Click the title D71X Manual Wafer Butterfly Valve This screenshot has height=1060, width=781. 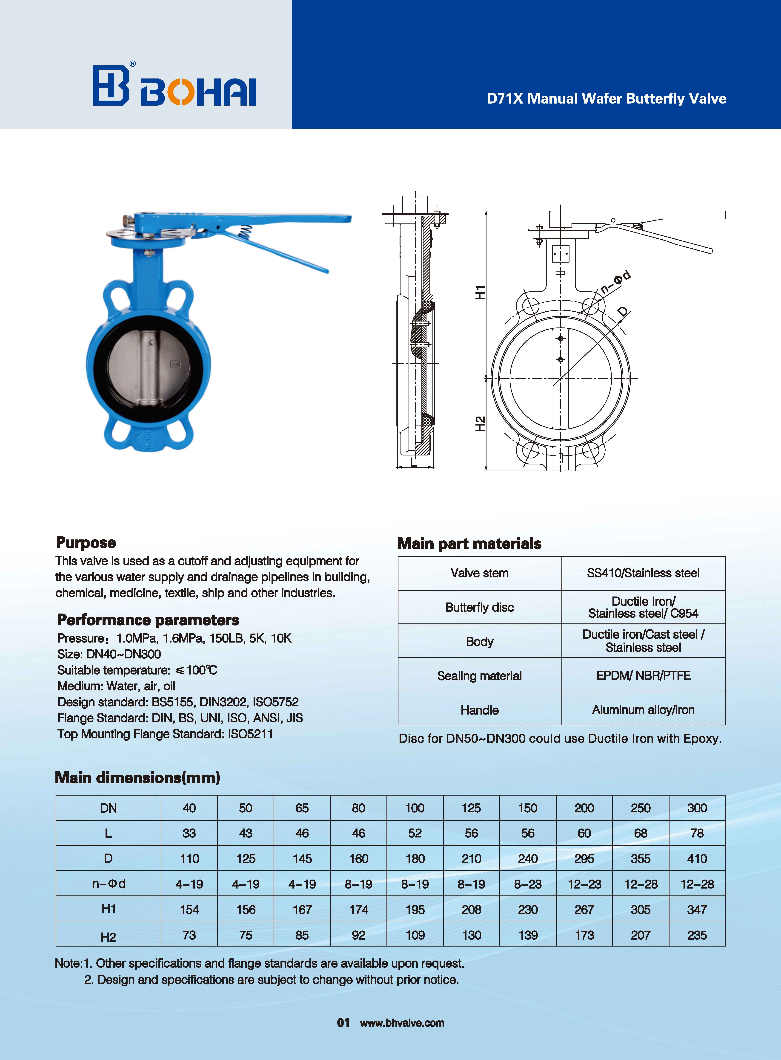pos(606,98)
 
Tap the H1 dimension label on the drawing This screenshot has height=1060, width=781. pos(480,292)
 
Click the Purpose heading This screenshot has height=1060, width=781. pos(86,543)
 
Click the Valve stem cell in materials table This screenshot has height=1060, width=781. pos(479,573)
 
